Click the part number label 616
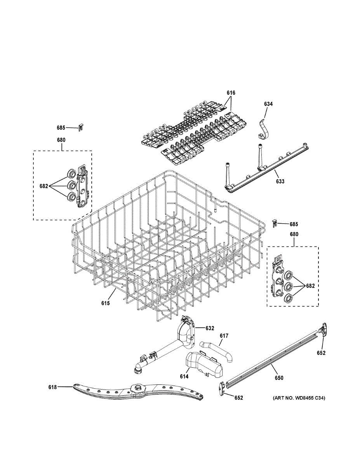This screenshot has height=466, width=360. tap(231, 93)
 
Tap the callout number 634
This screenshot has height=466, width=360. tap(268, 104)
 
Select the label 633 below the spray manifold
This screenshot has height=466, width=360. tap(280, 181)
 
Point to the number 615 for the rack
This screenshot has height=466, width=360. tap(106, 303)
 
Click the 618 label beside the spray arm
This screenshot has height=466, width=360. tap(52, 387)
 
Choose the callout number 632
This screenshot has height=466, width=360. tap(210, 328)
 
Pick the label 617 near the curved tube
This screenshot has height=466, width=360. tap(224, 336)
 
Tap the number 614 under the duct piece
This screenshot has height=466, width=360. tap(184, 377)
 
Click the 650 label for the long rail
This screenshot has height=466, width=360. tap(279, 378)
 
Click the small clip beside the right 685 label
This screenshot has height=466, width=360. tap(275, 223)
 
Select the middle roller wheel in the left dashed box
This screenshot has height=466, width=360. tap(71, 184)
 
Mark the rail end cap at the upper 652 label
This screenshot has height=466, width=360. tap(323, 329)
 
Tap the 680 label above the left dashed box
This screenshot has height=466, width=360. tap(61, 140)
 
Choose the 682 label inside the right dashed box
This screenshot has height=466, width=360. tap(310, 286)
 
